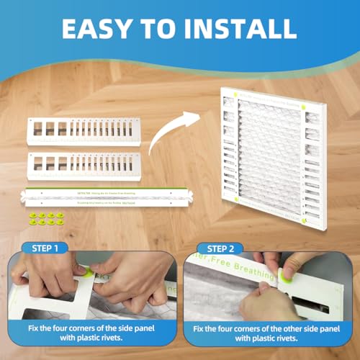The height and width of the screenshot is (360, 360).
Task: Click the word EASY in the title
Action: (x=101, y=28)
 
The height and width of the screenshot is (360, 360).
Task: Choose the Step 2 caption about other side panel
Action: (x=264, y=335)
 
